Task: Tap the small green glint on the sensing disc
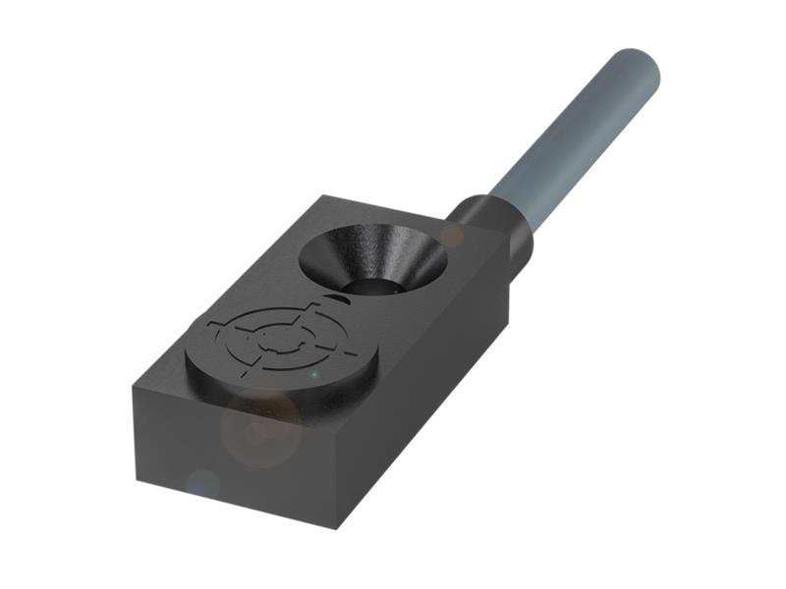[x=313, y=374]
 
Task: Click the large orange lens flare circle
[x=261, y=428]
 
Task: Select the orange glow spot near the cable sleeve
[x=452, y=235]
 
